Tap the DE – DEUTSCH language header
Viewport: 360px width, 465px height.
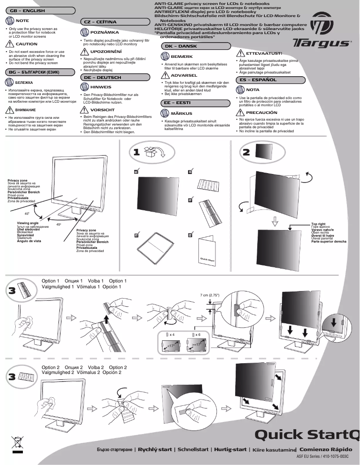(x=103, y=78)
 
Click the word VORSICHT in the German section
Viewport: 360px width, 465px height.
(x=102, y=109)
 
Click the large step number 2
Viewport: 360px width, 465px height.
(x=246, y=152)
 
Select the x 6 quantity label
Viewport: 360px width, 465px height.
(x=198, y=335)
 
